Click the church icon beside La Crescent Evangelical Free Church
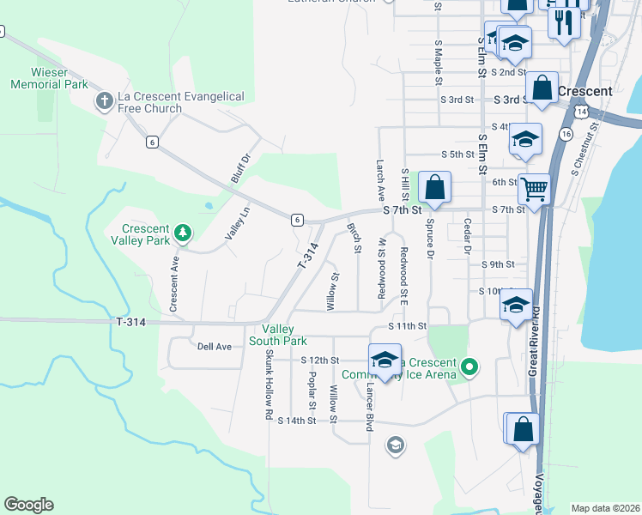pos(103,102)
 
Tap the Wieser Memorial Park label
pos(50,79)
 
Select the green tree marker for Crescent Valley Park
pos(182,232)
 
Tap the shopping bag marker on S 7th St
pos(434,187)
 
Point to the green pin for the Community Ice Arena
pos(469,367)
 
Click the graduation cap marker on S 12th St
pos(385,360)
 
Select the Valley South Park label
pos(278,335)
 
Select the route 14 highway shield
pos(582,112)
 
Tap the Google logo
pos(28,505)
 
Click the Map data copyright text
pos(605,508)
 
